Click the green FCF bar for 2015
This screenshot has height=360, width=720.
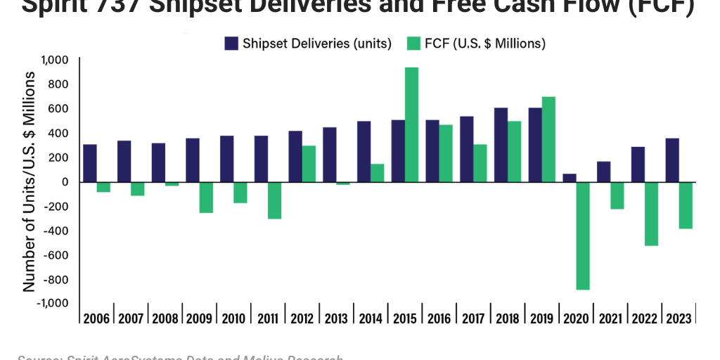pos(412,124)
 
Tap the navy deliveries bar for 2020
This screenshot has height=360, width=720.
pos(570,178)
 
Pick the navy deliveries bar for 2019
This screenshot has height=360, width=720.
pos(535,145)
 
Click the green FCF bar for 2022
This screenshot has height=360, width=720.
pos(652,214)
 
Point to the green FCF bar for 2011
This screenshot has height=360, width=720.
pos(275,200)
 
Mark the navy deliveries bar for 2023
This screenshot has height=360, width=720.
pos(672,160)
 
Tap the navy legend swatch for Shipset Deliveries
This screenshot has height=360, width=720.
pos(232,44)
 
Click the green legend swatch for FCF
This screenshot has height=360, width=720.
pos(414,44)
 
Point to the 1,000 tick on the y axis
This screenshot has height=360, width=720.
pos(54,60)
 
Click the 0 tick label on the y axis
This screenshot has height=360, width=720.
pos(64,181)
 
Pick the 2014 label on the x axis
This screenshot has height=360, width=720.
pos(370,318)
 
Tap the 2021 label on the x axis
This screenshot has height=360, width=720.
pos(610,318)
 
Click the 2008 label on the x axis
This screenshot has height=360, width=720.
pos(165,318)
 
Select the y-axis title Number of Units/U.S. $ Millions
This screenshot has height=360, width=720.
pos(30,181)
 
